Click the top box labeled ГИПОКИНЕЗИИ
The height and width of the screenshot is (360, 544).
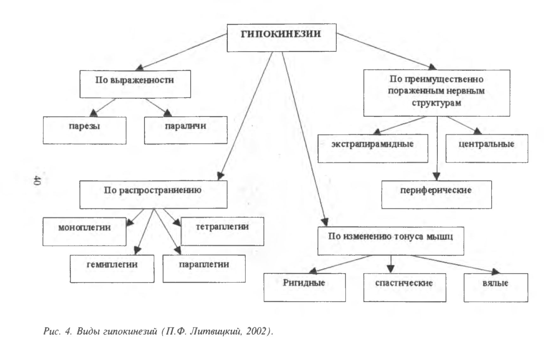point(281,37)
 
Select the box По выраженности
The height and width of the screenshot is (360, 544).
point(135,84)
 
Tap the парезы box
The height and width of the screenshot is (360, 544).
point(85,130)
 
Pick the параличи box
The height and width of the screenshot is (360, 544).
point(186,130)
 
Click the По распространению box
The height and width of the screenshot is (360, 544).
point(153,194)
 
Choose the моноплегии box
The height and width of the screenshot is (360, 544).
point(85,231)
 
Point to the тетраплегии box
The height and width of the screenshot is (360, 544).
point(222,231)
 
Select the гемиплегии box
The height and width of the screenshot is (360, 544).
point(112,268)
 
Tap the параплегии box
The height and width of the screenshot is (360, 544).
point(204,268)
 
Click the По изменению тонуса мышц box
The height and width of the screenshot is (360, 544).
point(391,241)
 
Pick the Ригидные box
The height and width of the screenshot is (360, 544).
point(305,287)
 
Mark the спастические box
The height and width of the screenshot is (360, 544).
point(405,287)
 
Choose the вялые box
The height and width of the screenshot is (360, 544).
point(496,287)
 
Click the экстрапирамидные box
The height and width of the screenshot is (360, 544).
point(373,148)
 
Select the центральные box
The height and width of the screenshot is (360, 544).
point(487,148)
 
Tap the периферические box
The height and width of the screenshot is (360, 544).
point(437,194)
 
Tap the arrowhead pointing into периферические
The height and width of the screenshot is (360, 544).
point(437,176)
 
